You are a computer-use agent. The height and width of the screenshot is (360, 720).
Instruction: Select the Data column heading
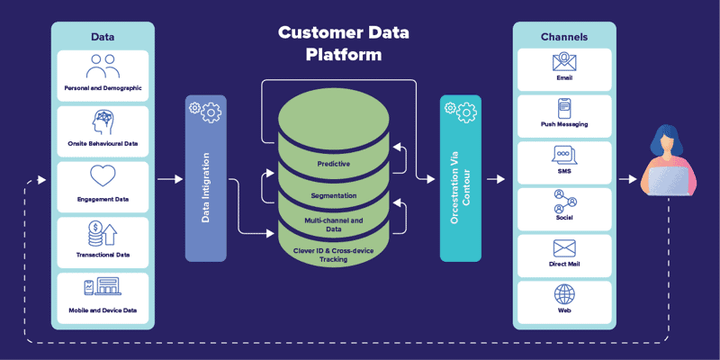pos(103,37)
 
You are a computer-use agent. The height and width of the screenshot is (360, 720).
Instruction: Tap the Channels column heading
pos(564,37)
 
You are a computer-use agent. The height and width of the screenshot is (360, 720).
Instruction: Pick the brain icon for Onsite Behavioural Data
pos(103,122)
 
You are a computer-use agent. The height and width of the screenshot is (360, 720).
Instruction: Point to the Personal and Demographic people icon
pos(103,67)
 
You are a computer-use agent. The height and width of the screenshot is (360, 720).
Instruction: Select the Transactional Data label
pos(103,255)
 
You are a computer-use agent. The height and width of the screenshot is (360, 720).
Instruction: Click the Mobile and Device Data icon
pos(103,288)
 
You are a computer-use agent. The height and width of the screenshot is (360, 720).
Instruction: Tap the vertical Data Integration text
pos(206,186)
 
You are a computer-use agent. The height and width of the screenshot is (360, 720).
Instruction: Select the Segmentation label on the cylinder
pos(333,194)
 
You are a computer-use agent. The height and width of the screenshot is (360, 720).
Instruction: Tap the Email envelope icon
pos(564,62)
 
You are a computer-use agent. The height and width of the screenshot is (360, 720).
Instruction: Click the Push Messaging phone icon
pos(564,106)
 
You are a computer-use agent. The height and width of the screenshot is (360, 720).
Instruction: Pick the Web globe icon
pos(564,294)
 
